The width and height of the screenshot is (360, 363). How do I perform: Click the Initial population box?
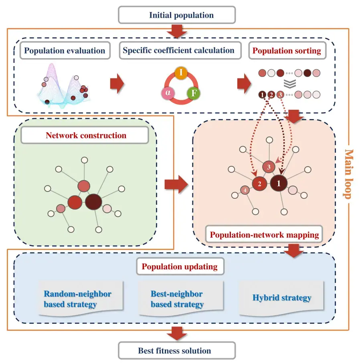176,16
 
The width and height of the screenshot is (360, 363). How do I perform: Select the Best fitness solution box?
176,351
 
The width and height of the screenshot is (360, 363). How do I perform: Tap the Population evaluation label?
65,51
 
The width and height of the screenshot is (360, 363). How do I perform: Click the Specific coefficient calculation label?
178,51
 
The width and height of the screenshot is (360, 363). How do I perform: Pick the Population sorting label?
287,51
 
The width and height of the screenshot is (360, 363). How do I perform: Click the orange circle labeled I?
181,73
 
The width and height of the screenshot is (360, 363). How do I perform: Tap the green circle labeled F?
194,93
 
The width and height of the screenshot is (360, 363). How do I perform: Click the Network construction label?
86,135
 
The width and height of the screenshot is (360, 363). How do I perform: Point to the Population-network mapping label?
265,234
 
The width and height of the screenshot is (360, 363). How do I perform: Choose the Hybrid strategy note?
281,298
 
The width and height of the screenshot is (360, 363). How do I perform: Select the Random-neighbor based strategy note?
77,299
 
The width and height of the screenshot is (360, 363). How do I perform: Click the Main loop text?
348,174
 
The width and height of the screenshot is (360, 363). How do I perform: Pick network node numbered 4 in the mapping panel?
245,190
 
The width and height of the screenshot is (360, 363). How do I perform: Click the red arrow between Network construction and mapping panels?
176,185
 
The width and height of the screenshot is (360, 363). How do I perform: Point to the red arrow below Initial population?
176,31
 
